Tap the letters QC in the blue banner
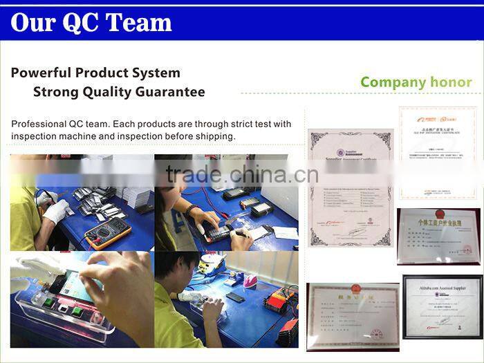tap(80, 23)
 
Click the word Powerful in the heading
tap(42, 73)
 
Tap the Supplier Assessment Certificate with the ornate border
tap(350, 187)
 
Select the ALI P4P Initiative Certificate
tap(438, 153)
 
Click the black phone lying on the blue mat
tap(236, 298)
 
